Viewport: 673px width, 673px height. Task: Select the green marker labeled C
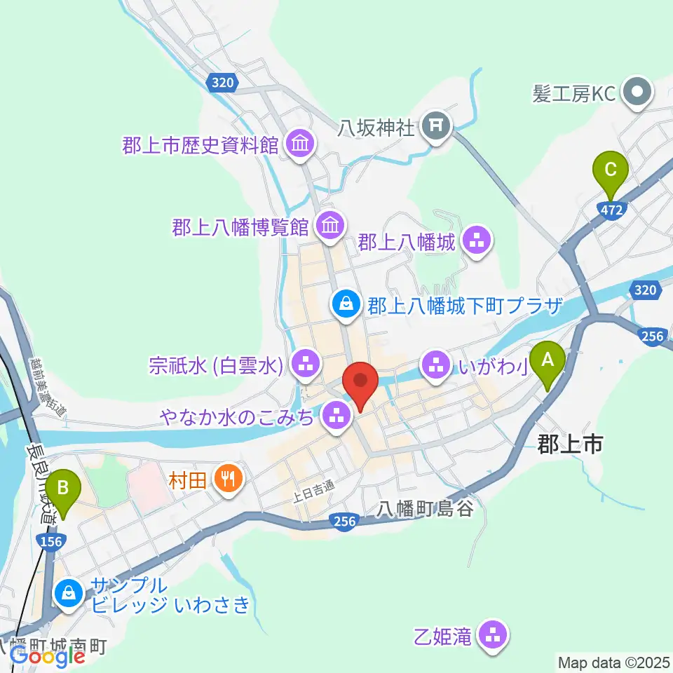click(610, 169)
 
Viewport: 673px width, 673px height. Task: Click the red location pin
click(360, 383)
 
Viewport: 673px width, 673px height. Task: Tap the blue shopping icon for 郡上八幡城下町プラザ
click(346, 304)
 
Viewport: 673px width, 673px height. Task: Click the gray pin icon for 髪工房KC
click(638, 93)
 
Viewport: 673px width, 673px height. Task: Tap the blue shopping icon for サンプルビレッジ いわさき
click(69, 593)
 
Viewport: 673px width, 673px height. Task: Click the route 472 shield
click(613, 209)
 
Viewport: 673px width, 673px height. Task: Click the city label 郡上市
click(570, 443)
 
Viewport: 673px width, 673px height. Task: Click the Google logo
click(47, 655)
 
